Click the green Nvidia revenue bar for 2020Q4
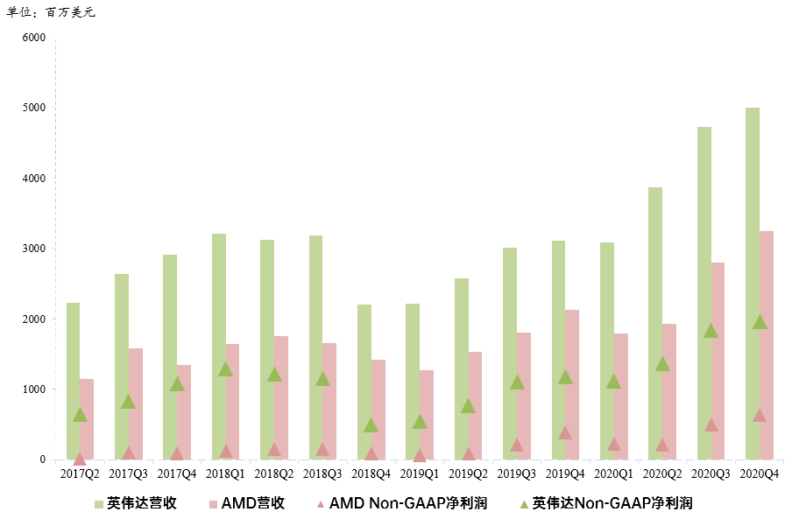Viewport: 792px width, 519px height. click(x=752, y=284)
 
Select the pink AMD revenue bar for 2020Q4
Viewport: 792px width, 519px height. click(x=767, y=346)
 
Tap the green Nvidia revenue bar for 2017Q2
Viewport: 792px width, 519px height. click(x=73, y=382)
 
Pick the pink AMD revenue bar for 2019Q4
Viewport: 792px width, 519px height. click(x=572, y=385)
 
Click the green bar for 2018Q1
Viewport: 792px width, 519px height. click(x=219, y=347)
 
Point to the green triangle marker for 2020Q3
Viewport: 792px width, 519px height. click(x=711, y=331)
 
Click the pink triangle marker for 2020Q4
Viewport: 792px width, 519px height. click(x=760, y=415)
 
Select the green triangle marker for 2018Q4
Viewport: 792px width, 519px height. click(x=371, y=425)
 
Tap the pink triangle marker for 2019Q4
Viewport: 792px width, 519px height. click(x=565, y=432)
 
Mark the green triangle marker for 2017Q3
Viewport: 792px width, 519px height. click(x=128, y=402)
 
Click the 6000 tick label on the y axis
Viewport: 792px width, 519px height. click(x=34, y=38)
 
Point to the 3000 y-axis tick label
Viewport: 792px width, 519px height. click(x=34, y=249)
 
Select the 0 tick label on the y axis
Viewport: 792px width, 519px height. click(x=42, y=459)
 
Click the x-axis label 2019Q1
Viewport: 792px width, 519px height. click(x=420, y=474)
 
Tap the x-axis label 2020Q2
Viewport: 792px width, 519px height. click(x=662, y=474)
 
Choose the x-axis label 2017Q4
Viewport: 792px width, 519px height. click(x=177, y=474)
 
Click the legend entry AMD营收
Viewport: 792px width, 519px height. click(x=247, y=503)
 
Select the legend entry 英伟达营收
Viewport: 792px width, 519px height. click(x=136, y=503)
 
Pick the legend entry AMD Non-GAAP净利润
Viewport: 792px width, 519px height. click(x=402, y=503)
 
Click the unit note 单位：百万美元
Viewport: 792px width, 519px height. click(x=51, y=11)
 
